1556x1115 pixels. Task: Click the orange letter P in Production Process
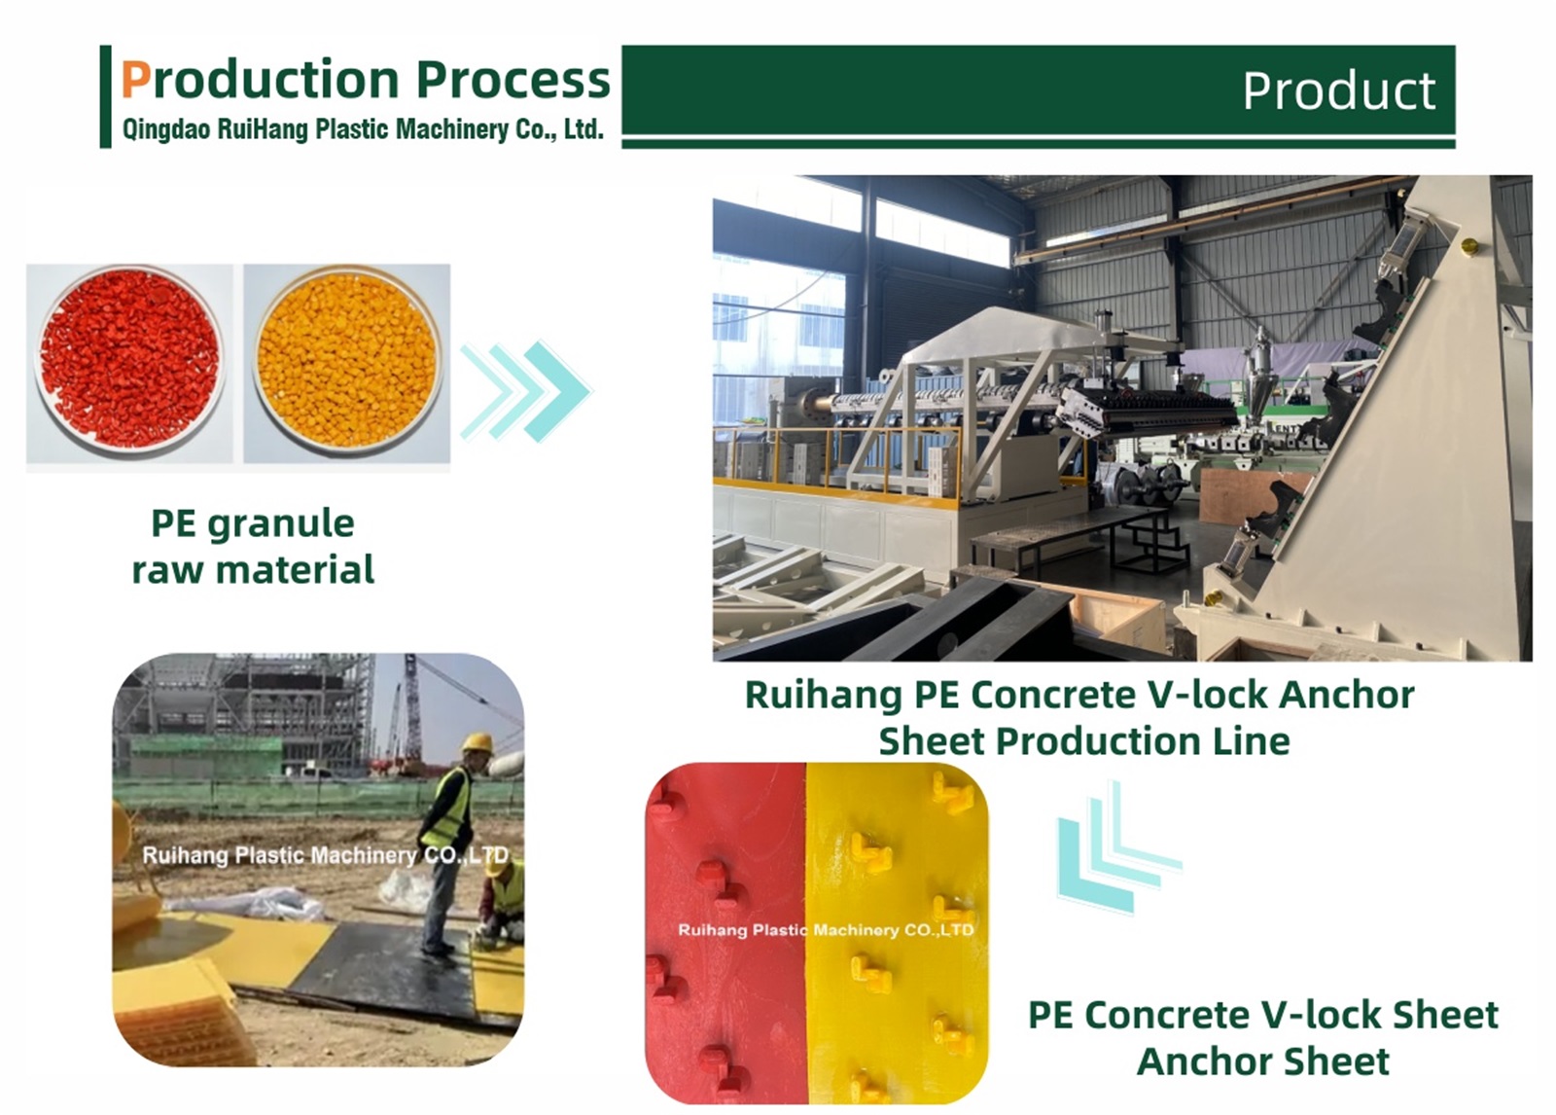click(x=135, y=80)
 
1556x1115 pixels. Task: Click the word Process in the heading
click(x=513, y=80)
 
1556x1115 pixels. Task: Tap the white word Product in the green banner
click(x=1338, y=91)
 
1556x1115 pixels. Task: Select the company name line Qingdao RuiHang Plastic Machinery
click(x=362, y=129)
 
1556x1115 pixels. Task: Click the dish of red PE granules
click(x=129, y=359)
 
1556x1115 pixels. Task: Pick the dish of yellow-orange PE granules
click(x=347, y=361)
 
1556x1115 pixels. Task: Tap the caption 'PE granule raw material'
click(x=253, y=546)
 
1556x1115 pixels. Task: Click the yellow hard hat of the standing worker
click(x=477, y=742)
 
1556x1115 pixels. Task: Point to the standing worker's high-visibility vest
click(x=449, y=807)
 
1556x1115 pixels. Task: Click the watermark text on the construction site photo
click(x=325, y=855)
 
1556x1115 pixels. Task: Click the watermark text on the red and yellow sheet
click(x=825, y=930)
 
